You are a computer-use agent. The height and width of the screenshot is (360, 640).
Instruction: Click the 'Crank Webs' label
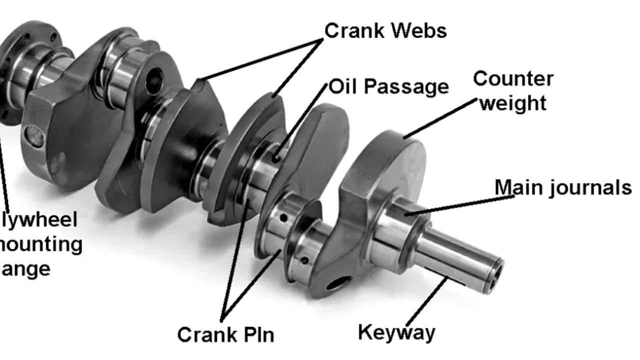point(385,30)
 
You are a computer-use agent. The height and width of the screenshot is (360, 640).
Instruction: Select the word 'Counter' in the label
point(513,79)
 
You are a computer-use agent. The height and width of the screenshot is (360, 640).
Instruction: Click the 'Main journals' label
point(562,187)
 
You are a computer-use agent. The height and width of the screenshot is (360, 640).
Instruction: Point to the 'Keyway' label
point(396,332)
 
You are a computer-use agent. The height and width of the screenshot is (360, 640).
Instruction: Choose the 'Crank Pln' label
point(225,334)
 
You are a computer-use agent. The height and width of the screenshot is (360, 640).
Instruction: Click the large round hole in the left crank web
point(153,79)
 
